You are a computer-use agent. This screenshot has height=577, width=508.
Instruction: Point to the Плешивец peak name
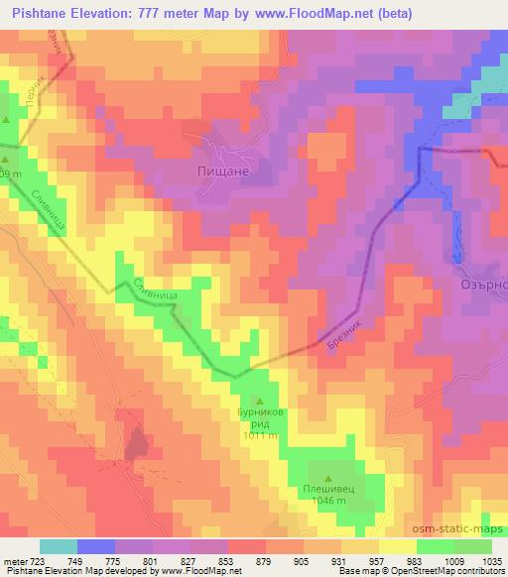click(328, 490)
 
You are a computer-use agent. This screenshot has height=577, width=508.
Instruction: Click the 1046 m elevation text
click(328, 503)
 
